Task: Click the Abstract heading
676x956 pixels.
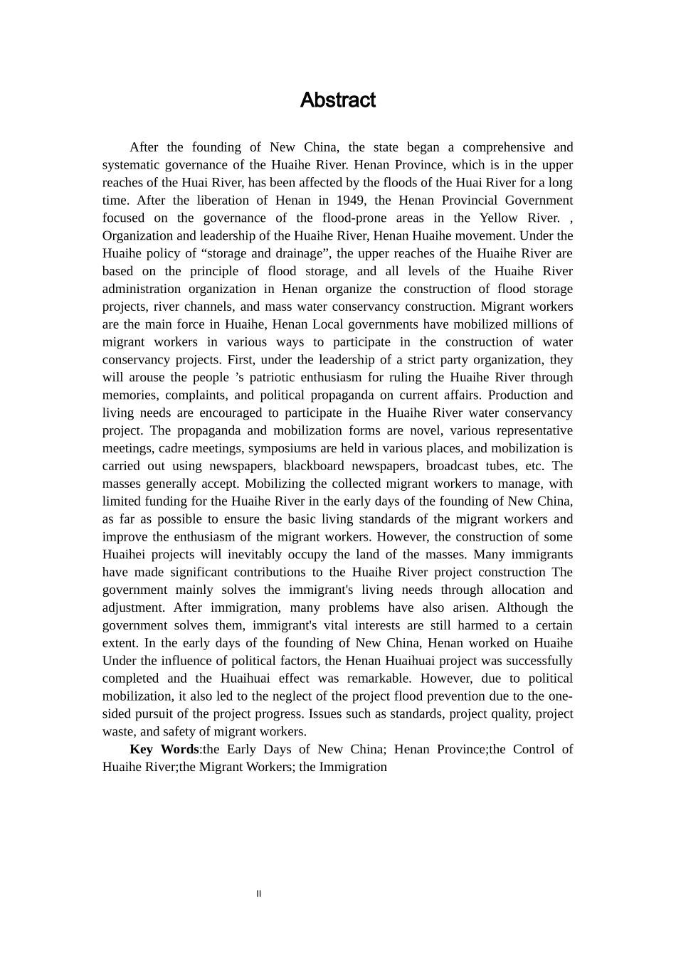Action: pos(337,100)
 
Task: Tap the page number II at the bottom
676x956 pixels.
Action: pos(258,894)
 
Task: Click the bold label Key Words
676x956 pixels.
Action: pos(164,750)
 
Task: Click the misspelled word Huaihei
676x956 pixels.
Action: pos(124,555)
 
